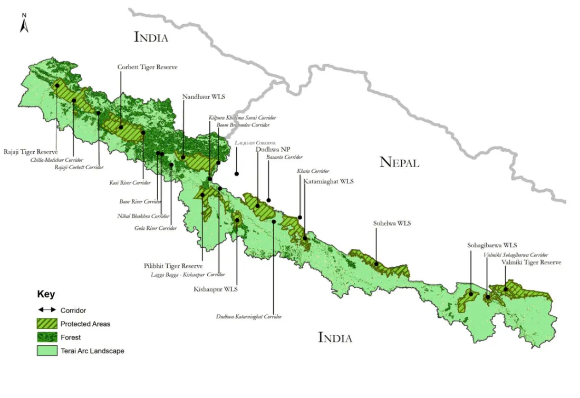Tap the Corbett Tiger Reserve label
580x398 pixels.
pyautogui.click(x=147, y=67)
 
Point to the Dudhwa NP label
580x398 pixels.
pyautogui.click(x=273, y=149)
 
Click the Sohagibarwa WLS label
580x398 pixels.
pyautogui.click(x=492, y=245)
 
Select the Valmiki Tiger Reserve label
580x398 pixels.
pyautogui.click(x=531, y=262)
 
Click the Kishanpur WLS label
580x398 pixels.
pyautogui.click(x=216, y=289)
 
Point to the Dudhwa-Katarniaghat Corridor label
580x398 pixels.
pyautogui.click(x=249, y=317)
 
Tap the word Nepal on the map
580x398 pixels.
pyautogui.click(x=399, y=162)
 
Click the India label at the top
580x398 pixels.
pyautogui.click(x=151, y=37)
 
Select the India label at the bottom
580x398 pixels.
pyautogui.click(x=335, y=338)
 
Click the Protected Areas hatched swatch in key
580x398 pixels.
pyautogui.click(x=47, y=324)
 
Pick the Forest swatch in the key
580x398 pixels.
pyautogui.click(x=47, y=337)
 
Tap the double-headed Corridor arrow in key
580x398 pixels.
pyautogui.click(x=47, y=310)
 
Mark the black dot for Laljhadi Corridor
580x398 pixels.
pyautogui.click(x=237, y=173)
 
